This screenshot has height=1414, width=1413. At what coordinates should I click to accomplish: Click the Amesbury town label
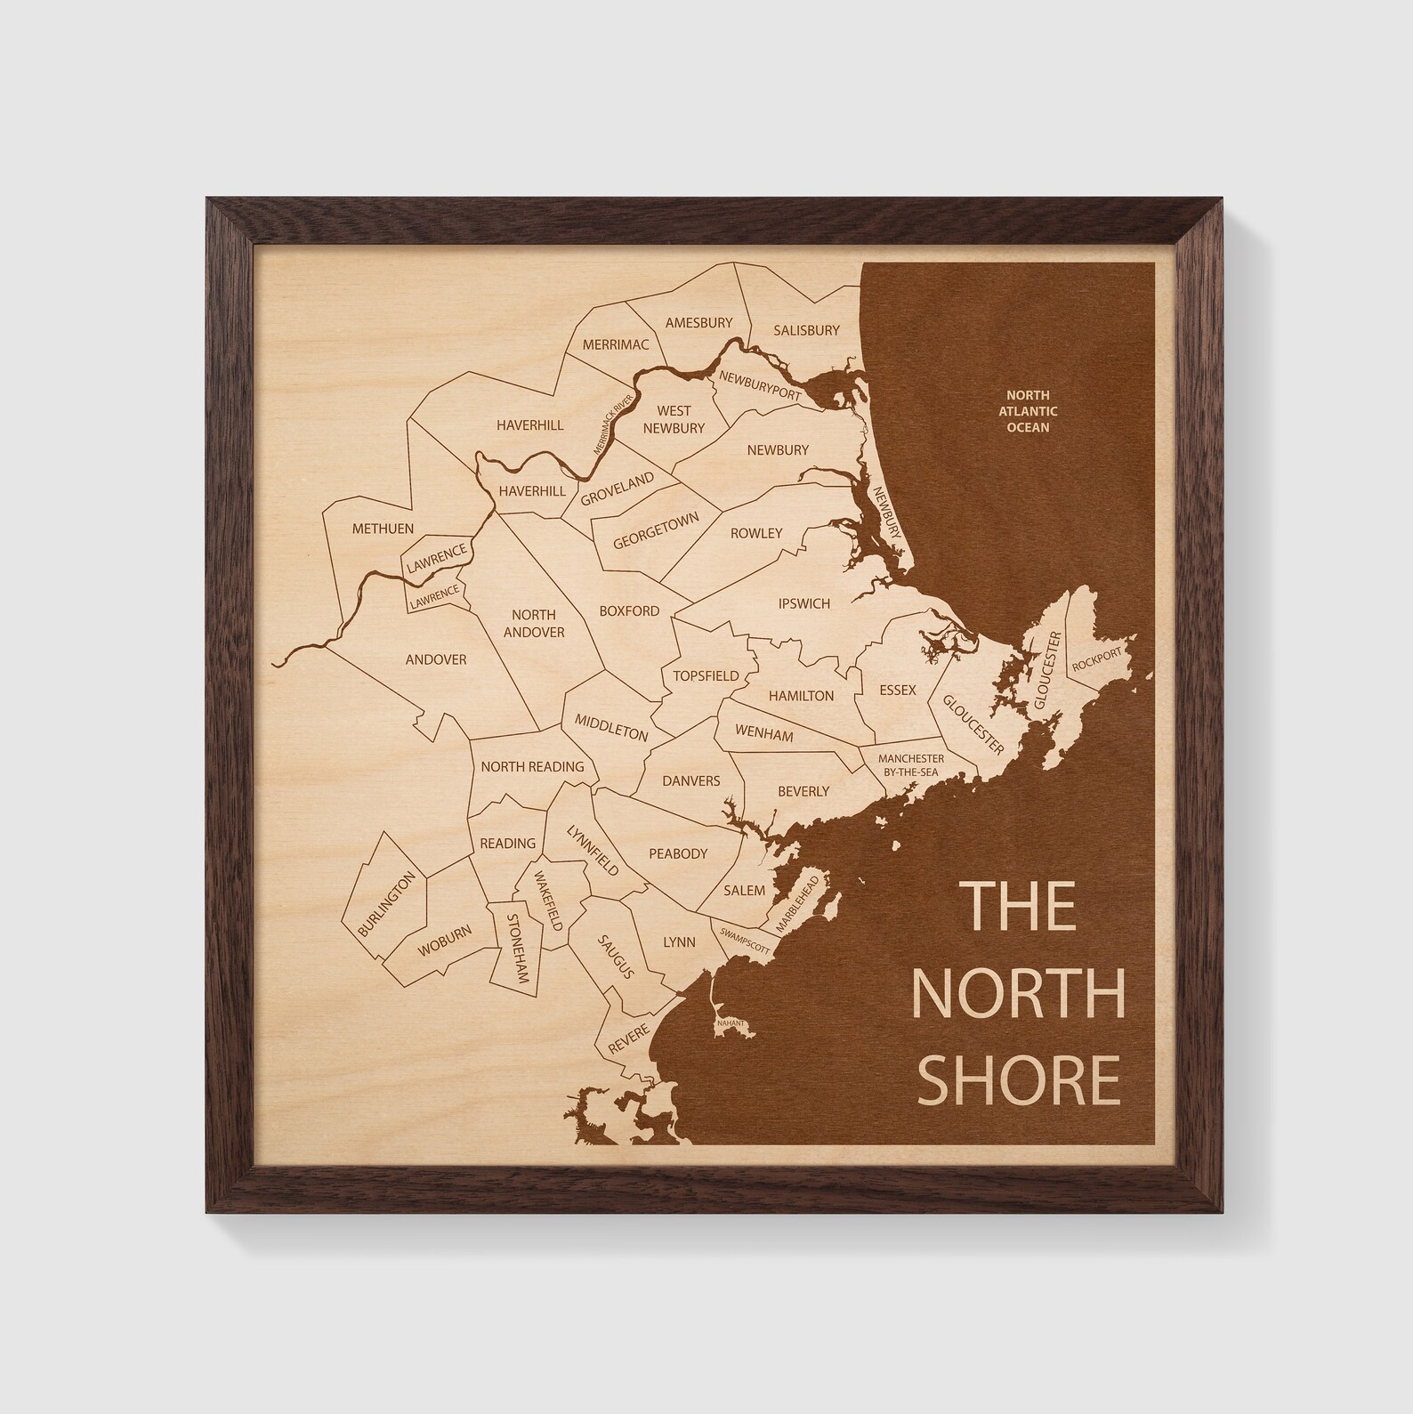tap(698, 323)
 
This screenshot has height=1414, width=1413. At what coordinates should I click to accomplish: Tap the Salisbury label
tap(806, 330)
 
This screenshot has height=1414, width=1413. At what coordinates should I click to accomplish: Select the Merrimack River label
tap(618, 421)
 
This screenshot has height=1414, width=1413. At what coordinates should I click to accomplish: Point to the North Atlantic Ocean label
tap(1028, 411)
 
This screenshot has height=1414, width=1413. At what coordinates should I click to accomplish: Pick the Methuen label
tap(383, 529)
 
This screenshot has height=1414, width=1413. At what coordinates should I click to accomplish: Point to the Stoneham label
tap(518, 948)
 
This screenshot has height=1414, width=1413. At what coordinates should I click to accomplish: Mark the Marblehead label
tap(795, 903)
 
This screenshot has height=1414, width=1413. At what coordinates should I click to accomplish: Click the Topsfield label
tap(706, 675)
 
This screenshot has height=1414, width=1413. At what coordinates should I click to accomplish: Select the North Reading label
tap(532, 766)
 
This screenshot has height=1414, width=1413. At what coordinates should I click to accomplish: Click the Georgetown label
tap(656, 532)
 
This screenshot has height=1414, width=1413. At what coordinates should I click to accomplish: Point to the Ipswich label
tap(803, 603)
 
